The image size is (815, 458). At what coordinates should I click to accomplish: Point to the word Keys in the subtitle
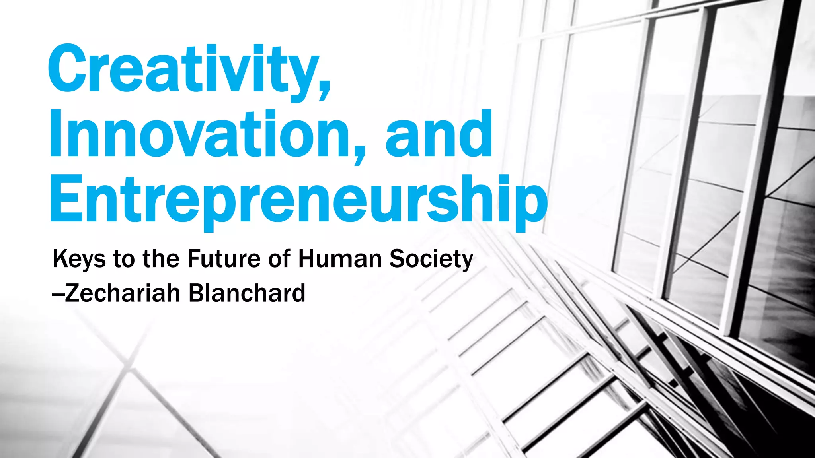tap(79, 259)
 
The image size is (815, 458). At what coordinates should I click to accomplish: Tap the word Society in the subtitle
tap(431, 259)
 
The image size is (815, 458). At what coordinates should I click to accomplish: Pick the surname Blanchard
tap(247, 293)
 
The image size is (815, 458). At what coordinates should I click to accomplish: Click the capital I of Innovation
tap(56, 134)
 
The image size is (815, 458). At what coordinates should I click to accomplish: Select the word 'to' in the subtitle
tap(124, 259)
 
